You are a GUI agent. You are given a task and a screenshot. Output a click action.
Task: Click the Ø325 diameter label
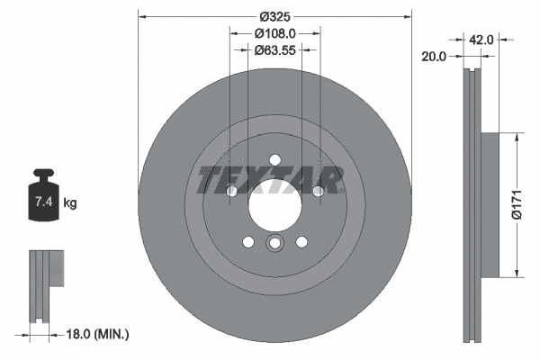[x=274, y=16]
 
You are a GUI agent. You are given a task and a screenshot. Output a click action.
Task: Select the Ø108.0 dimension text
[x=274, y=34]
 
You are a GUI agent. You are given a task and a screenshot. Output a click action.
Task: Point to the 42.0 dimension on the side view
[x=481, y=39]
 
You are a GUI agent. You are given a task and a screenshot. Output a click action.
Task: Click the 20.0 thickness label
[x=434, y=56]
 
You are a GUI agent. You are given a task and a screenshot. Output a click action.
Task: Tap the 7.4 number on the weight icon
[x=42, y=203]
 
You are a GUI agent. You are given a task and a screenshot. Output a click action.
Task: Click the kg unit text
[x=70, y=203]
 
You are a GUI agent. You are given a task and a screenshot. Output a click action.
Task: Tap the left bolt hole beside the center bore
[x=231, y=191]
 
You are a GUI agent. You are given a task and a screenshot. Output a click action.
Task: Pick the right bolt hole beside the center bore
[x=317, y=191]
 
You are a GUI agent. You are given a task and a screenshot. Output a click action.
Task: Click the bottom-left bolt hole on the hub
[x=247, y=240]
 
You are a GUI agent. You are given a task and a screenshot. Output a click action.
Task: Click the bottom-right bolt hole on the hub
[x=301, y=240]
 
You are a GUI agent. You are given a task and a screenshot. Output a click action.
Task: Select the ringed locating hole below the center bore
[x=274, y=243]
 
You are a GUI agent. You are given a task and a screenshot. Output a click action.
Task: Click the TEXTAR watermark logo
[x=270, y=180]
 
